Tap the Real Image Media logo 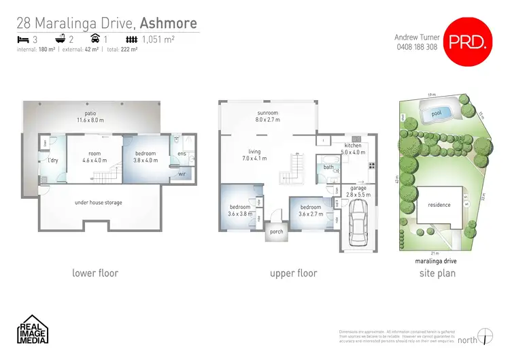(32, 329)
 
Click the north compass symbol (485, 336)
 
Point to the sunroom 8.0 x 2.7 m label (267, 116)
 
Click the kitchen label (353, 146)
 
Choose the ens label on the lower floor (182, 154)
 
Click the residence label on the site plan (439, 205)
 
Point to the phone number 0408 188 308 (417, 47)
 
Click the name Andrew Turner (417, 37)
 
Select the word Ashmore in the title (169, 24)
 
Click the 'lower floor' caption (95, 273)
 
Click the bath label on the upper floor (328, 167)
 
